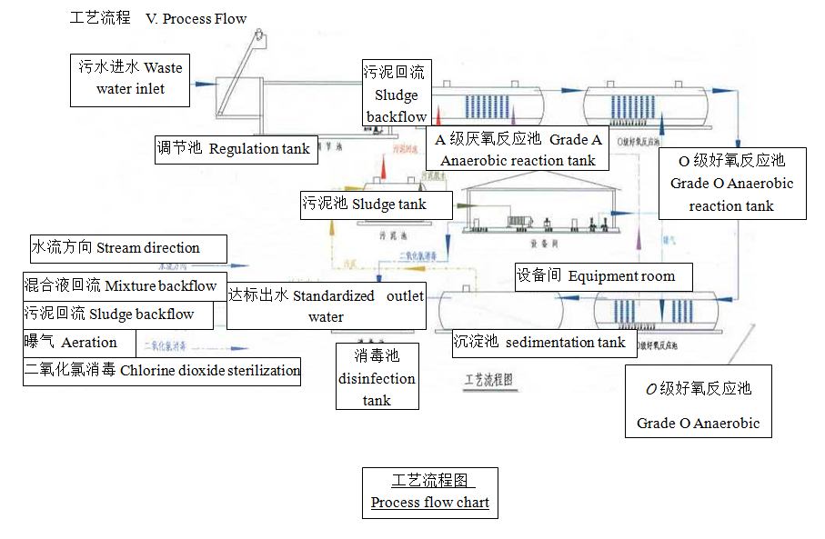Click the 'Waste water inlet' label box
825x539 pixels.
[131, 79]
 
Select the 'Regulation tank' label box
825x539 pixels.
[236, 149]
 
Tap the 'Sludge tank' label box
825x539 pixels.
[376, 205]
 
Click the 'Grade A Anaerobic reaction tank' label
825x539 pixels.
[518, 149]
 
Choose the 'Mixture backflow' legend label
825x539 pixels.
[123, 285]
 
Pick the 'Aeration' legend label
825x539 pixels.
[79, 343]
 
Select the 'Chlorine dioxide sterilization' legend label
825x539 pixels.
[162, 371]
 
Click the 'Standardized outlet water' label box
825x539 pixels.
[326, 306]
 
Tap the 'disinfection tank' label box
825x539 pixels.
[377, 376]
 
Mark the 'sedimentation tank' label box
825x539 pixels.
[542, 343]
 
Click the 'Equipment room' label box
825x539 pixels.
[604, 276]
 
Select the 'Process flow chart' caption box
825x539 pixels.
[430, 492]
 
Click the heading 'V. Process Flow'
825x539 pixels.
[196, 18]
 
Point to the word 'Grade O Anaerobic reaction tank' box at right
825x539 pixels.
[731, 184]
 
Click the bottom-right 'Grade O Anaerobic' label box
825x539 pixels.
[698, 401]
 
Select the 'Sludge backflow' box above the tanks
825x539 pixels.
[396, 94]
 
